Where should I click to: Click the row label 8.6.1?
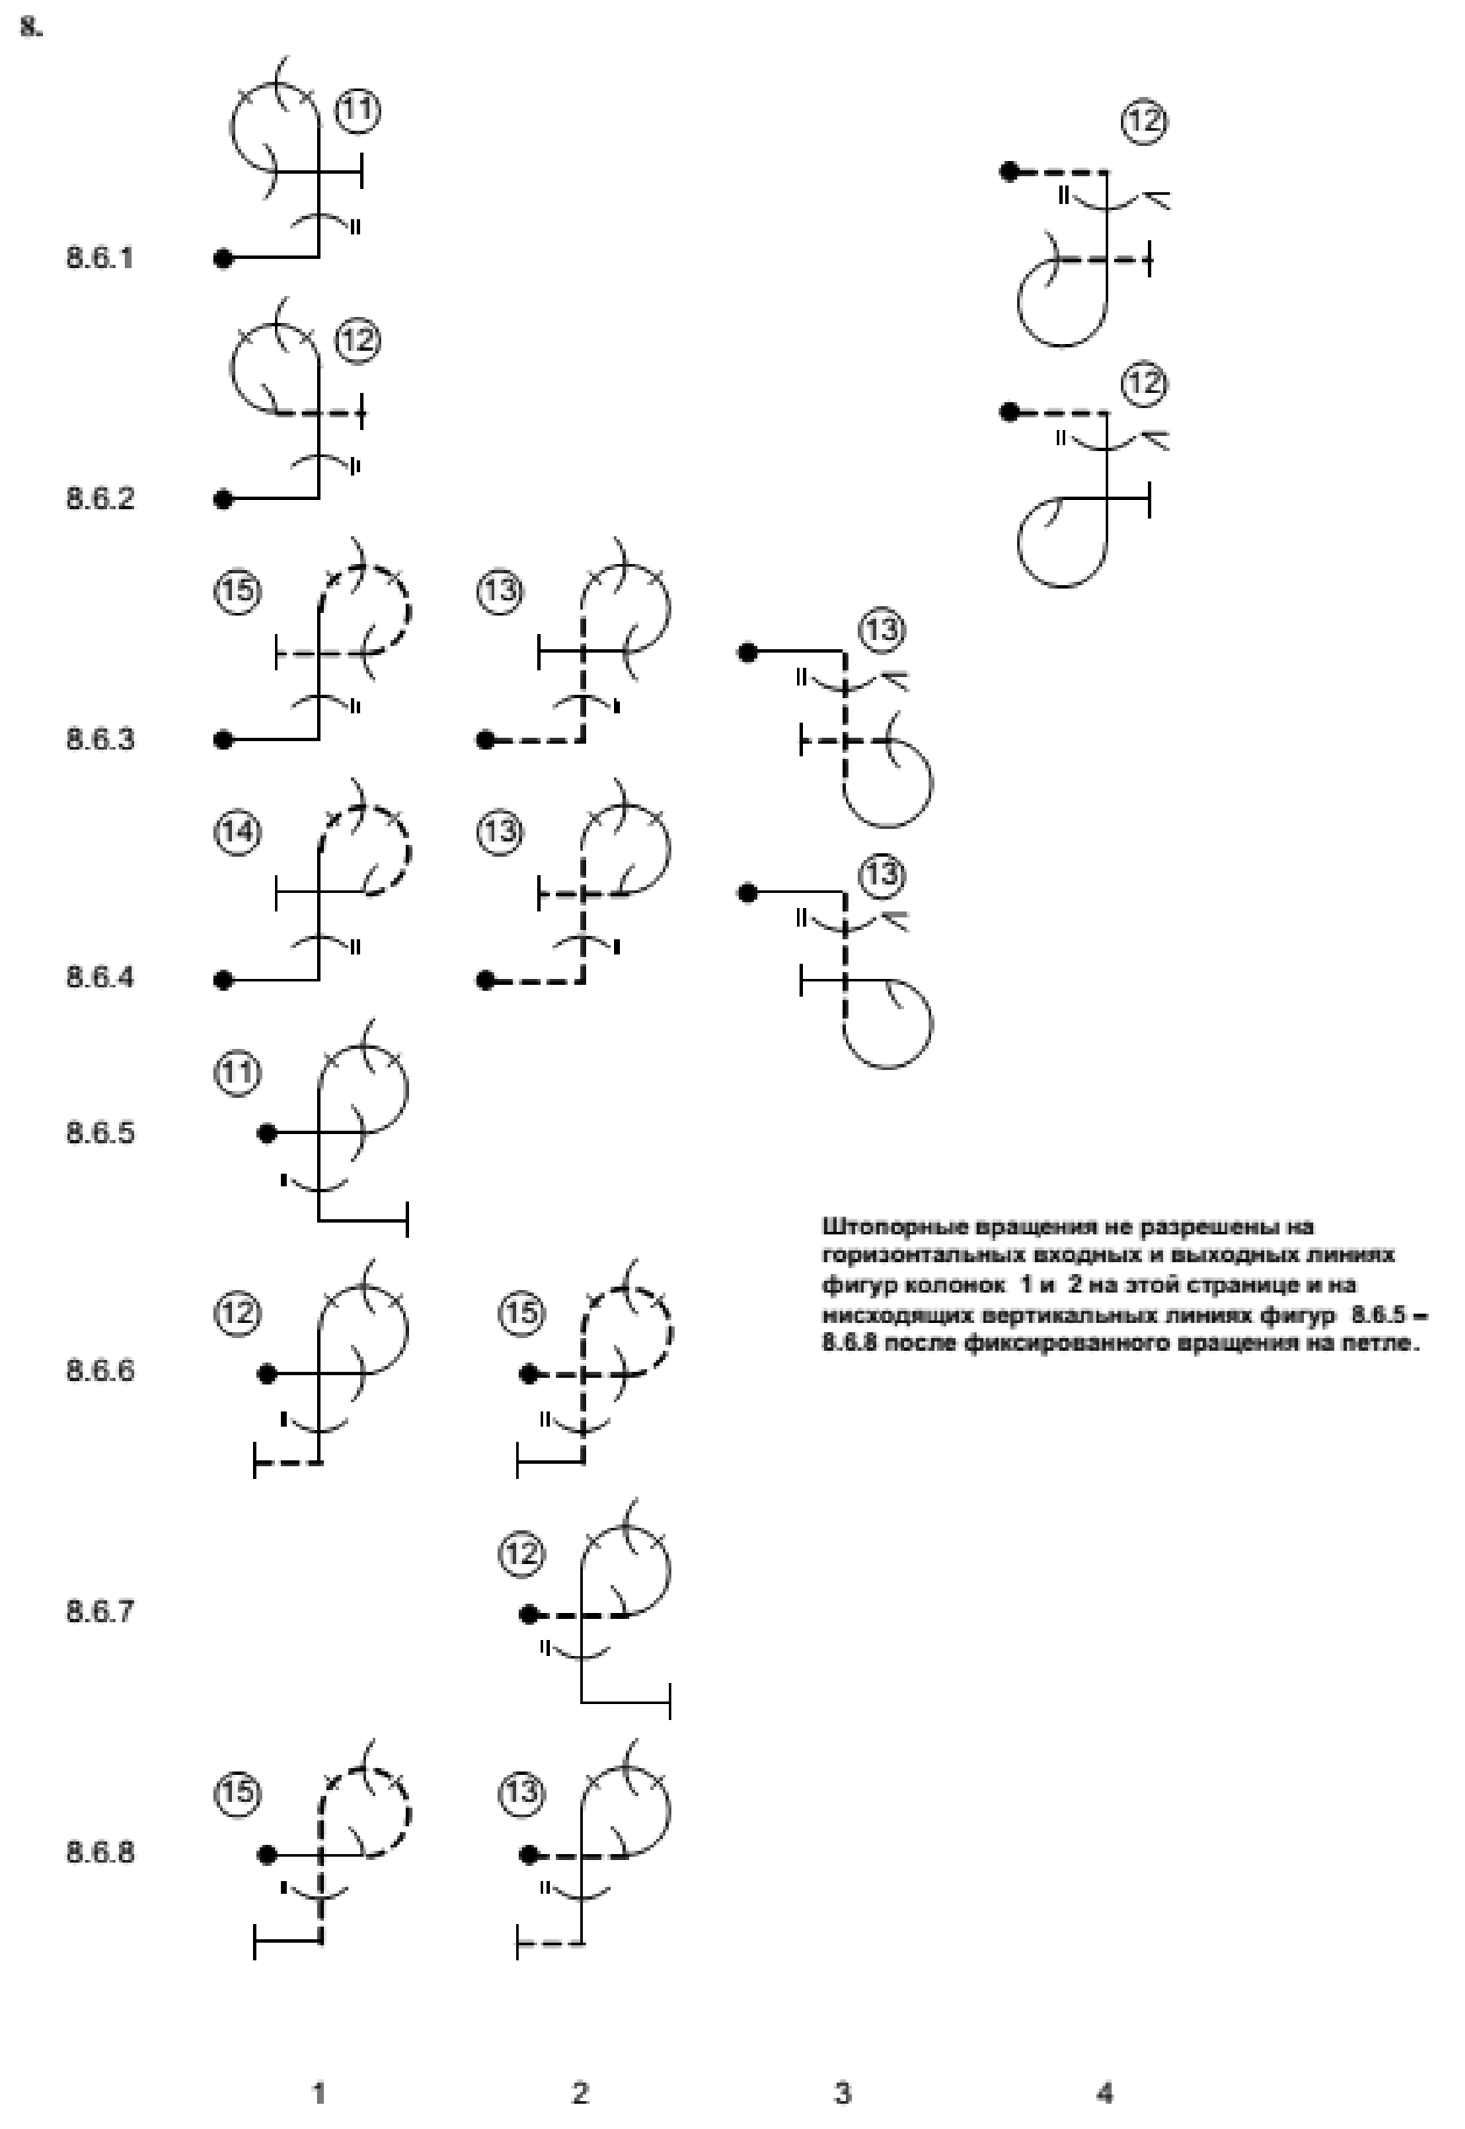(x=100, y=258)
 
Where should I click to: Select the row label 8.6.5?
(x=100, y=1132)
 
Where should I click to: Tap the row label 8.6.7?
(x=100, y=1611)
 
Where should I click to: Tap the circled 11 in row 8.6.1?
(x=358, y=110)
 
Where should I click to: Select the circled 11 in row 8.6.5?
(x=238, y=1072)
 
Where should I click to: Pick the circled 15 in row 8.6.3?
(x=238, y=590)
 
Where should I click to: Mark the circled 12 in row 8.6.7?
(x=521, y=1554)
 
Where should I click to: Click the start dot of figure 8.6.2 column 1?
(x=223, y=499)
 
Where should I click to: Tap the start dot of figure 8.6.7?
(x=529, y=1614)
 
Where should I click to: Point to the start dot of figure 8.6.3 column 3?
(x=748, y=653)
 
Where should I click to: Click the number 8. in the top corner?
(x=31, y=28)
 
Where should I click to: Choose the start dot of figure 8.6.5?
(x=267, y=1133)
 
